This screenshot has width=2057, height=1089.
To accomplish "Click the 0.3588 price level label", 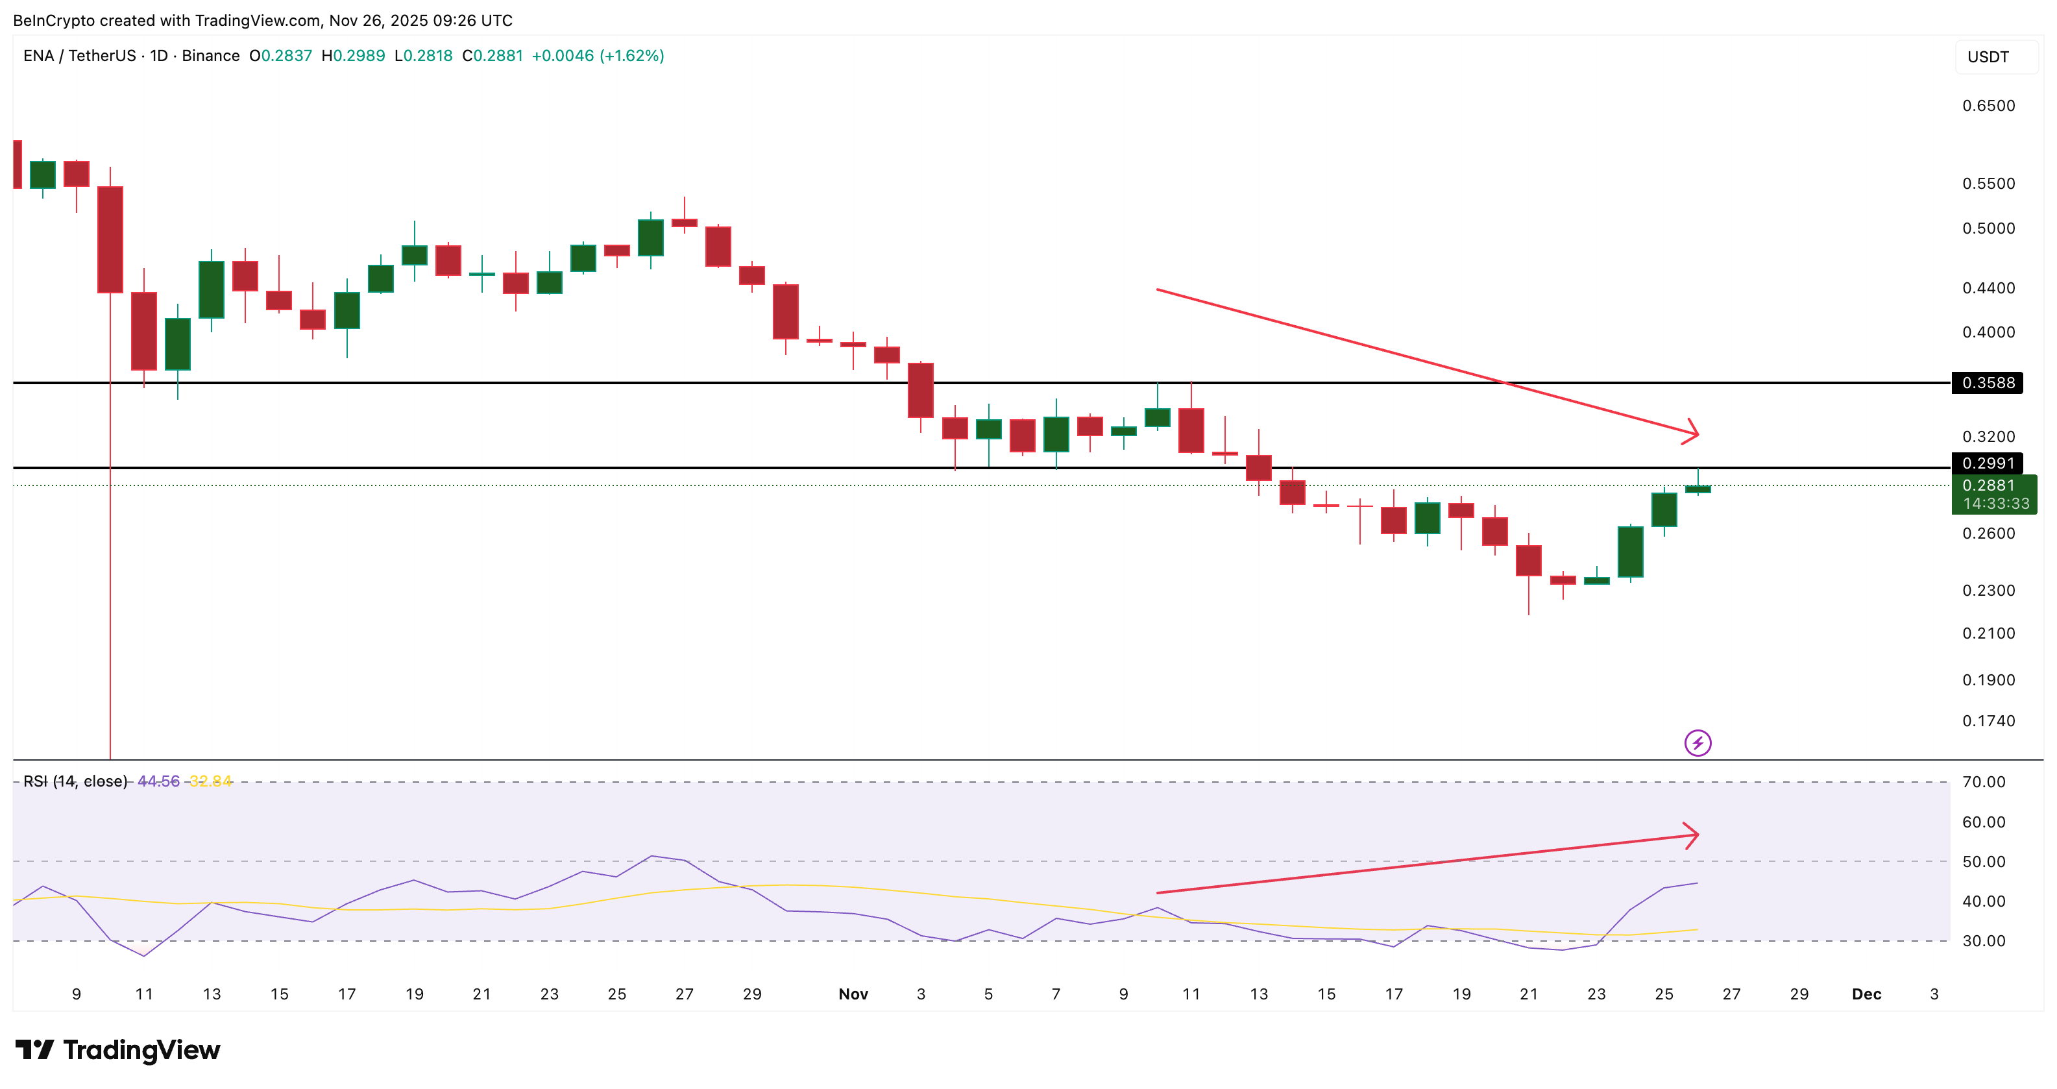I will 1988,382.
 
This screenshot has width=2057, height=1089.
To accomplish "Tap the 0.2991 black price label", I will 1988,463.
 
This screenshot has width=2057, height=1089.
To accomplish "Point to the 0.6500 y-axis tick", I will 1988,105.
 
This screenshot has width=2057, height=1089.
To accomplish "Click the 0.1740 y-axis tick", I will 1988,721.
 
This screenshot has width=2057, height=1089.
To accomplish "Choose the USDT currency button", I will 1988,56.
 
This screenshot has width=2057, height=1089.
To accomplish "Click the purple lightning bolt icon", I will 1698,742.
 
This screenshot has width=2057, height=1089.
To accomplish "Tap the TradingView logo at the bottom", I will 118,1050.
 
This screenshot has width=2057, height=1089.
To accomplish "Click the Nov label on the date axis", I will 853,994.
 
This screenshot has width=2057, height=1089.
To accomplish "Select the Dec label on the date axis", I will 1866,994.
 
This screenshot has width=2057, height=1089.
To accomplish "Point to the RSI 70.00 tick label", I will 1984,781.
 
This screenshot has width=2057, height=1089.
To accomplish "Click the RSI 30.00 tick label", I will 1984,940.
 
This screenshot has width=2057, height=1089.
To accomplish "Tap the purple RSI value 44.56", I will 158,781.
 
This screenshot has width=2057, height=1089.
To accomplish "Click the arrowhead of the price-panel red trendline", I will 1693,433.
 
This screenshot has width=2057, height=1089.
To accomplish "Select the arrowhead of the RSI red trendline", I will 1693,835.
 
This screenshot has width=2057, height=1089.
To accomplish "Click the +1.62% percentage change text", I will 631,56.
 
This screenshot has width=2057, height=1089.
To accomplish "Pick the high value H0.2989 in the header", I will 353,56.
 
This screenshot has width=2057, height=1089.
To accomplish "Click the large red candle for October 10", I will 110,239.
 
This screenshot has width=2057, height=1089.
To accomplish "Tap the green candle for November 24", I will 1631,551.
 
